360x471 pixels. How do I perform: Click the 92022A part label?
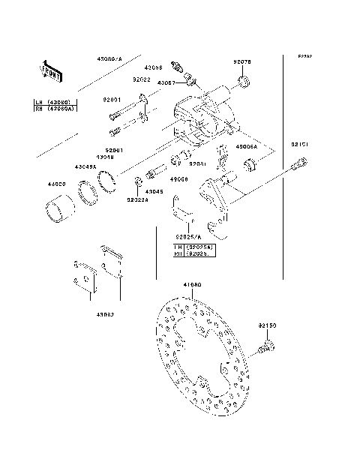pyautogui.click(x=137, y=200)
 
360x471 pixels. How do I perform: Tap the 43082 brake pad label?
pyautogui.click(x=103, y=315)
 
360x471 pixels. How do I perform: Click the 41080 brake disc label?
pyautogui.click(x=193, y=285)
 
